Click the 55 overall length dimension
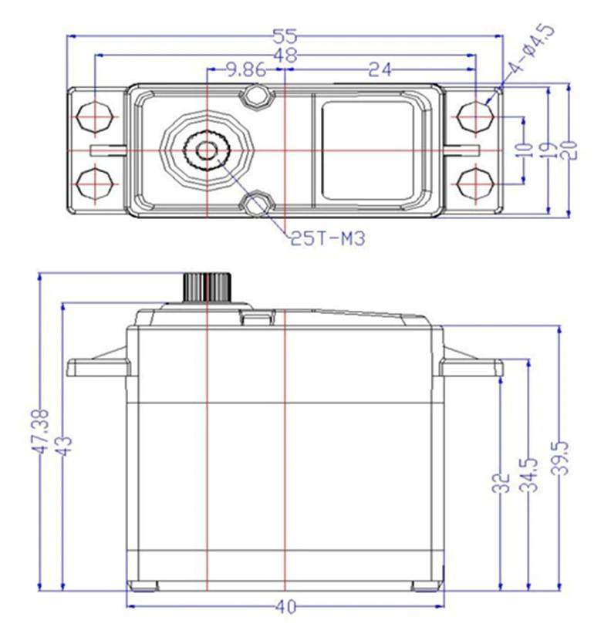285,36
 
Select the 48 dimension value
285,56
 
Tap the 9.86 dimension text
245,70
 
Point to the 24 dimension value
380,70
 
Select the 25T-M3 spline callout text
327,239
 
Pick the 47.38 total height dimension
40,432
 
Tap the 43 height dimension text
64,445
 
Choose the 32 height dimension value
501,482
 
